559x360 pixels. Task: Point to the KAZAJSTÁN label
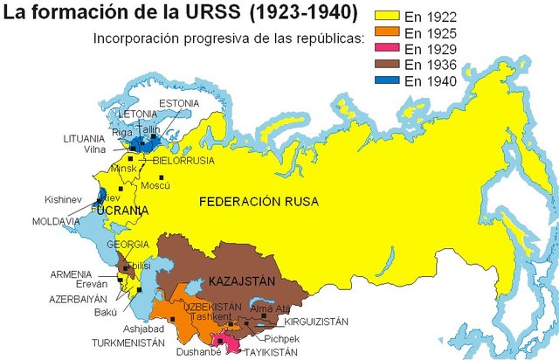pos(241,281)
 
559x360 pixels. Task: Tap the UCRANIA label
pos(122,211)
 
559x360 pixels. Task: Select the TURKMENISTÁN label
pos(135,343)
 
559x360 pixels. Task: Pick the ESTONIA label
pos(178,103)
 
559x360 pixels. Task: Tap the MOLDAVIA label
pos(56,222)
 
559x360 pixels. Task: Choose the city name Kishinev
pos(64,200)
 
